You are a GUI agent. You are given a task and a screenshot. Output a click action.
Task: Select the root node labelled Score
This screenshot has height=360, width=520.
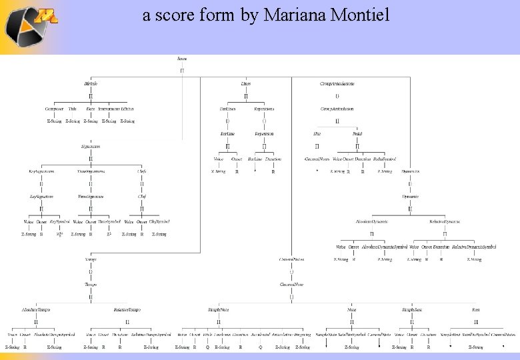tap(182, 59)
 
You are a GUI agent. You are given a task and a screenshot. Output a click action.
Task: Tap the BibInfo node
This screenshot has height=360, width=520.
tap(91, 84)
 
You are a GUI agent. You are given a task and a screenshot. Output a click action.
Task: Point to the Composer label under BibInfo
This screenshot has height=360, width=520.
tap(54, 109)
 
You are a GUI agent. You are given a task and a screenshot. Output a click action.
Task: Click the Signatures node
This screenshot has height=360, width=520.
tap(91, 146)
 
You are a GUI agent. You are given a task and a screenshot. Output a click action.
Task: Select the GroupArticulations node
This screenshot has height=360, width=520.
tap(337, 84)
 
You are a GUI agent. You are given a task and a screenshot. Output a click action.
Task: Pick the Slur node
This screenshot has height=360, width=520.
tap(317, 133)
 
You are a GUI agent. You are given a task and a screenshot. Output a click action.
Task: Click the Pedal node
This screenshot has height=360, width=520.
tap(357, 133)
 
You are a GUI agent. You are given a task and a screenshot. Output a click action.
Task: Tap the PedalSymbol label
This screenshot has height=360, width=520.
tap(385, 159)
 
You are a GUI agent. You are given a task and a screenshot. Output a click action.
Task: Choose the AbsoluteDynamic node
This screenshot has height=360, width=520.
tap(371, 221)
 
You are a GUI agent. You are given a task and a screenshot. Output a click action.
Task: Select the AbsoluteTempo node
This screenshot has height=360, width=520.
tap(36, 310)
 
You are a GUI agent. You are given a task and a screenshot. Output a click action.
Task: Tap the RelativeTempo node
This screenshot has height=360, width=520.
tap(127, 310)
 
